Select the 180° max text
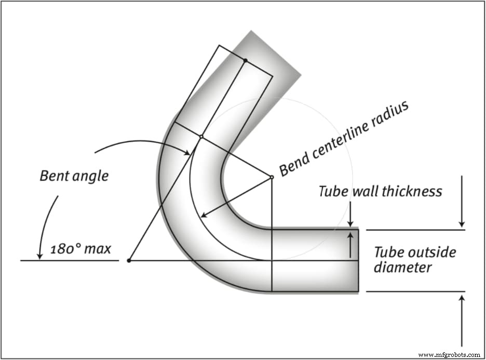(x=81, y=248)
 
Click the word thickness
(x=411, y=192)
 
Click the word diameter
(x=403, y=268)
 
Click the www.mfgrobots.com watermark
(x=449, y=355)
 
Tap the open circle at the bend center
(x=272, y=177)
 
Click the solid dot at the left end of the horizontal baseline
(x=129, y=260)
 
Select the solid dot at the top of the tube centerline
(x=246, y=61)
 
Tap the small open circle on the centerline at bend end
(x=200, y=137)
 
